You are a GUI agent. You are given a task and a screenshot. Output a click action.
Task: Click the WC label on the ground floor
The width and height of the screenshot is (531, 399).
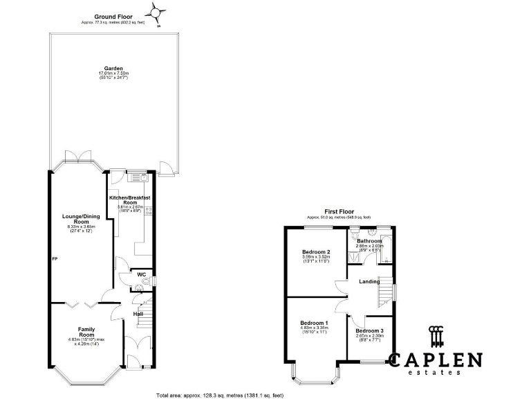point(141,274)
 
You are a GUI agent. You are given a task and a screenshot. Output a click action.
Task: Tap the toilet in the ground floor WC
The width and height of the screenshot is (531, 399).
point(124,282)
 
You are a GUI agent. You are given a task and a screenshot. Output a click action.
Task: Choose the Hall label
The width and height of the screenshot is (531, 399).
point(138,314)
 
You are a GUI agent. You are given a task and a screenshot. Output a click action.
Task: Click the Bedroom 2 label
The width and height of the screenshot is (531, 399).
point(316,251)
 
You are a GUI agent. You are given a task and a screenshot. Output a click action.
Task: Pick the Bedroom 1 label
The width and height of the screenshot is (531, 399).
point(313,323)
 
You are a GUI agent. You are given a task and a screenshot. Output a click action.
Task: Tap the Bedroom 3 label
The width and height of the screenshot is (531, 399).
point(369,331)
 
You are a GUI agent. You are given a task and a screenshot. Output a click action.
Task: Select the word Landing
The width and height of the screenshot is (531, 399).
point(369,281)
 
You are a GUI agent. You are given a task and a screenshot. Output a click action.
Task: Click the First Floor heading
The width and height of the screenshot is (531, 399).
point(339,211)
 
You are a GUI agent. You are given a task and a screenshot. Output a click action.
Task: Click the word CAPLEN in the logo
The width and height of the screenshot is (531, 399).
point(435,360)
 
